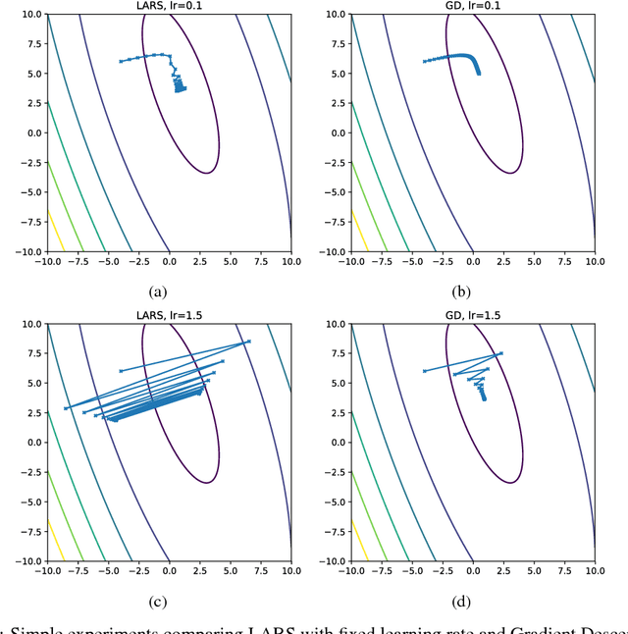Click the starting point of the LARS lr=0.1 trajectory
[120, 61]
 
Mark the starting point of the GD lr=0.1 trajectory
[424, 61]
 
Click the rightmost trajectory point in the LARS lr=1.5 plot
[249, 342]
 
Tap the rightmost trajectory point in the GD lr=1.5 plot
[502, 353]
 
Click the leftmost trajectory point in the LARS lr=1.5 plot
[66, 408]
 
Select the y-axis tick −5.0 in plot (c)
[22, 501]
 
